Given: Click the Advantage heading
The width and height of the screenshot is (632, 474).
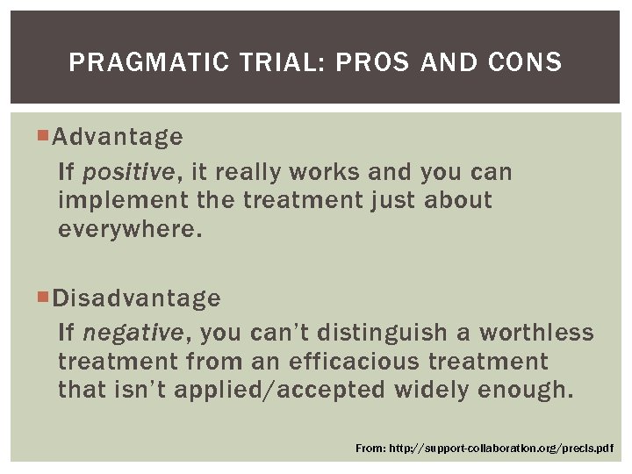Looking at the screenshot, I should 118,137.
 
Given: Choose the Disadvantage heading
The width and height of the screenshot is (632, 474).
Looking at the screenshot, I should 136,298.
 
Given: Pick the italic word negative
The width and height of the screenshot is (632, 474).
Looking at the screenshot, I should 133,334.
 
